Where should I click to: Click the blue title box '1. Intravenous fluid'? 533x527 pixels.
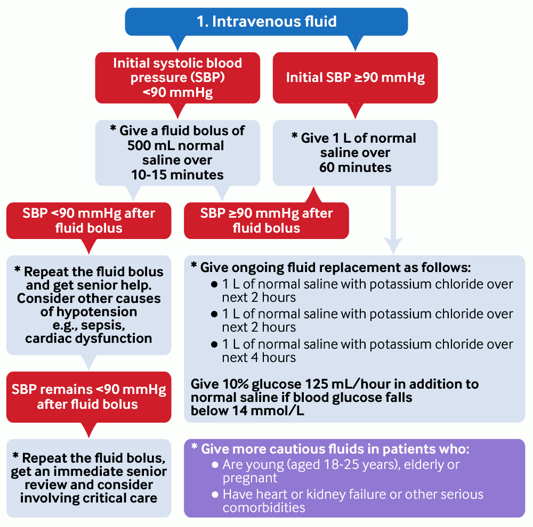(266, 22)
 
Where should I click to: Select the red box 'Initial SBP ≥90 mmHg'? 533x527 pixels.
(355, 78)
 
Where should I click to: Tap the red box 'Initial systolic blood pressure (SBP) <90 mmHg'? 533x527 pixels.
(177, 78)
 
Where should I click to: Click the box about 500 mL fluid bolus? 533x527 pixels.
(177, 153)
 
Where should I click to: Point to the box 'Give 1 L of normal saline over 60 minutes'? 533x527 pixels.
(355, 153)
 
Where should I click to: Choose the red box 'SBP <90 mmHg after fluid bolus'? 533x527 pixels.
(88, 220)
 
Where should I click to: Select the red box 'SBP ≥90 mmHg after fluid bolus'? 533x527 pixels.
(266, 220)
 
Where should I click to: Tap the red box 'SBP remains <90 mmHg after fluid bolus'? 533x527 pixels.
(88, 397)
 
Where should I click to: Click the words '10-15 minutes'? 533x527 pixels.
(177, 175)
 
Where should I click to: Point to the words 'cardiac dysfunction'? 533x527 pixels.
(88, 338)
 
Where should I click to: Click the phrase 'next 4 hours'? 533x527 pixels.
(259, 358)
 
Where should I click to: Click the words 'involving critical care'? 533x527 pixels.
(88, 498)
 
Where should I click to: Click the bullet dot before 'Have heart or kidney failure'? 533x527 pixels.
(215, 495)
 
